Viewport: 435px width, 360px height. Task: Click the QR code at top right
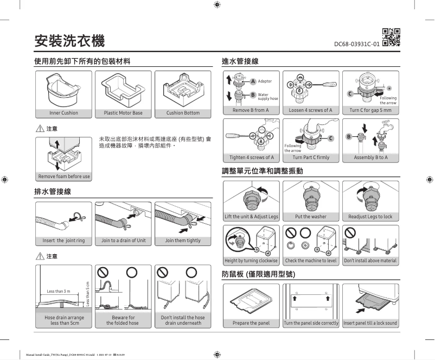coord(391,36)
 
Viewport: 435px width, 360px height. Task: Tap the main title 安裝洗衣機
coord(69,40)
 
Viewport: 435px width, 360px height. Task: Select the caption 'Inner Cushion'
coord(63,113)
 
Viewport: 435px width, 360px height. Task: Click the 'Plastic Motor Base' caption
coord(123,113)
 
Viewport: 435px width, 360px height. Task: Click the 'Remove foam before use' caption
coord(63,176)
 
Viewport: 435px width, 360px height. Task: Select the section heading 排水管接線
coord(53,192)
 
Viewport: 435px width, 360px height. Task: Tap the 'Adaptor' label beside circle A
coord(265,81)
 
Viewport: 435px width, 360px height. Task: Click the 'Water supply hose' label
coord(268,97)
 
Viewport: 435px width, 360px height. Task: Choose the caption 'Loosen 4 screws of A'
coord(311,110)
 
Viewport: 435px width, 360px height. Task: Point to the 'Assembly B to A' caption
coord(370,157)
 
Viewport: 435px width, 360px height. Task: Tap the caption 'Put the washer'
coord(311,217)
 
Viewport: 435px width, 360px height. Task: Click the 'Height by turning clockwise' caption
coord(251,261)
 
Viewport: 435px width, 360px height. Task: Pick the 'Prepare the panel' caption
coord(251,323)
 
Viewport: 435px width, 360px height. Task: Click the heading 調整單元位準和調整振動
coord(263,171)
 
